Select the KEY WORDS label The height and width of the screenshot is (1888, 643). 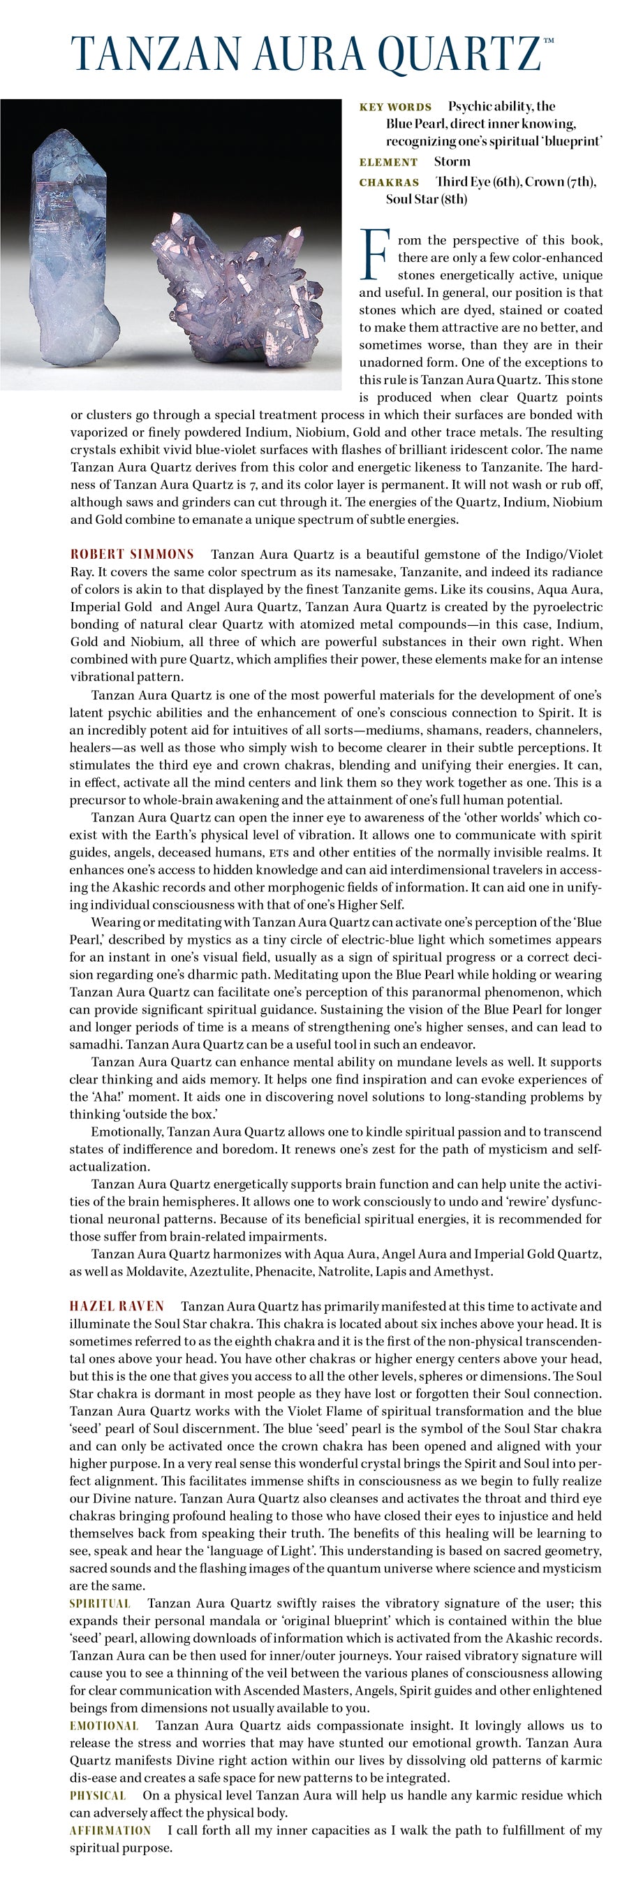point(394,107)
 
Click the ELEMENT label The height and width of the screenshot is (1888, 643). point(388,162)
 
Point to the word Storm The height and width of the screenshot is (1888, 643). point(452,161)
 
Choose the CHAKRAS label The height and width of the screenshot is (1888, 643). point(389,182)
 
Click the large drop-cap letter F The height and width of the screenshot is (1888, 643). point(374,254)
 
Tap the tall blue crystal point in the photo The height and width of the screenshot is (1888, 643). point(69,249)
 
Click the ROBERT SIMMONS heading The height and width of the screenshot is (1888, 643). point(132,554)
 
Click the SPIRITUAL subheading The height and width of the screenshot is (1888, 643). point(100,1603)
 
